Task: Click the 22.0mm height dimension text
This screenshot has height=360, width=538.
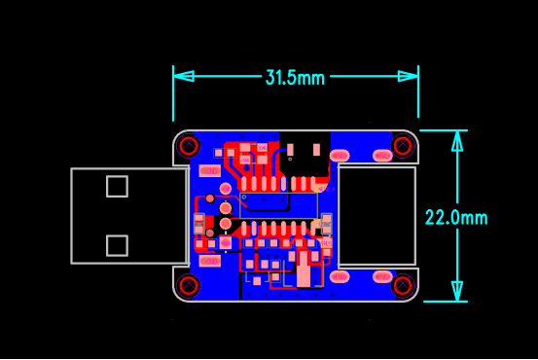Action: click(455, 217)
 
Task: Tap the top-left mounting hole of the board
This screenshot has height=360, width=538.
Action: click(189, 147)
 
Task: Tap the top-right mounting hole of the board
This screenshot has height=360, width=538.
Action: click(403, 146)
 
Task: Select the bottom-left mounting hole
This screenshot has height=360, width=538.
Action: click(189, 285)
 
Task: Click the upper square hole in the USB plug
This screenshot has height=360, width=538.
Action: click(117, 186)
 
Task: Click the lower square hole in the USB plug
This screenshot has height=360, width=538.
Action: click(117, 245)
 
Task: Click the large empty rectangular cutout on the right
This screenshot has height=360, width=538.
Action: click(377, 216)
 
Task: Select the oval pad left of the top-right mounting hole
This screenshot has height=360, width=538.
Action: click(340, 155)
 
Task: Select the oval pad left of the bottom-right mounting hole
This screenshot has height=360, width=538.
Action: click(340, 276)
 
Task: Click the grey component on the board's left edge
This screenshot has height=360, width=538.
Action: click(198, 224)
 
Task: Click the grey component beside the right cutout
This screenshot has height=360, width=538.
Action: click(327, 225)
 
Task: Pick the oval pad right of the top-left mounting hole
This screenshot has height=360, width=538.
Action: click(208, 170)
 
